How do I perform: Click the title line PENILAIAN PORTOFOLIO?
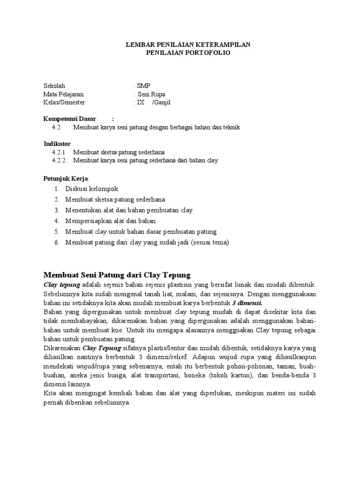click(x=189, y=53)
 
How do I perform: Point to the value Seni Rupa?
click(x=151, y=94)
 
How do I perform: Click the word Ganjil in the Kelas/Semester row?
click(x=161, y=102)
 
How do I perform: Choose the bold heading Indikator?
click(x=57, y=144)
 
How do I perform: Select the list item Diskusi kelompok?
click(x=91, y=189)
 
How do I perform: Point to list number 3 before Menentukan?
click(x=56, y=210)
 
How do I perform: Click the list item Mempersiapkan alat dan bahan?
click(x=111, y=221)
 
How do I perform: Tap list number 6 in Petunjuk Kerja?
click(x=56, y=242)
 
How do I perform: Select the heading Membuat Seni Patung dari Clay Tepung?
click(x=117, y=275)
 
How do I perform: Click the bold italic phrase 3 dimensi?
click(x=247, y=302)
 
